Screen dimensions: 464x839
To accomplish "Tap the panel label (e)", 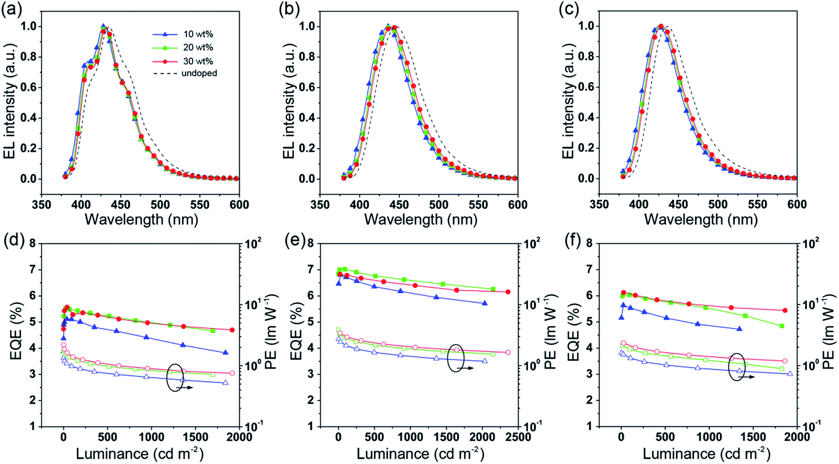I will point(293,243).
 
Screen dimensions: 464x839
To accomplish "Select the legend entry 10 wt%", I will point(198,34).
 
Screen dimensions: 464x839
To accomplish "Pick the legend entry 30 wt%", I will point(198,61).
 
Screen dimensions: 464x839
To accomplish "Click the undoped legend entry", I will point(199,73).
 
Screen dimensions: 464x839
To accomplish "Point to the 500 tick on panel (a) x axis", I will point(160,204).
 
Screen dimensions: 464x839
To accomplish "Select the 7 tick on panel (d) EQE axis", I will point(32,269).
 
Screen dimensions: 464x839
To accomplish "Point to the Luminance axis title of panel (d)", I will point(140,454).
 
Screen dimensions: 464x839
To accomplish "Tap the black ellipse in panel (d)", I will point(175,377).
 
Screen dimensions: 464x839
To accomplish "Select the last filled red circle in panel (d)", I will point(232,330).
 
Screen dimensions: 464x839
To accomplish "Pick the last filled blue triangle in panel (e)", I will point(484,303).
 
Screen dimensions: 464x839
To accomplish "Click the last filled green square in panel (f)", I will point(782,326).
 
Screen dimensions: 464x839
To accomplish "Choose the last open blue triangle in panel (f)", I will point(790,374).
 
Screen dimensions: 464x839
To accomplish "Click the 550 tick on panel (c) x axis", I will point(757,204).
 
